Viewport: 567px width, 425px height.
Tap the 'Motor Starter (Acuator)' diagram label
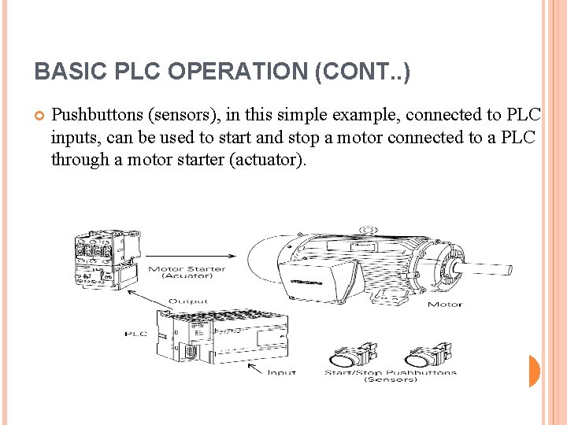tap(187, 272)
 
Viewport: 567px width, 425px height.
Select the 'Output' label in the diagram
tap(187, 301)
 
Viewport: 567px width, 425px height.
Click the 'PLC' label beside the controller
tap(135, 334)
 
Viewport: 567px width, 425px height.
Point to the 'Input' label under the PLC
tap(281, 372)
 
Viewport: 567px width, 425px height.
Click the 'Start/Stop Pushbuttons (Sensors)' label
tap(390, 375)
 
